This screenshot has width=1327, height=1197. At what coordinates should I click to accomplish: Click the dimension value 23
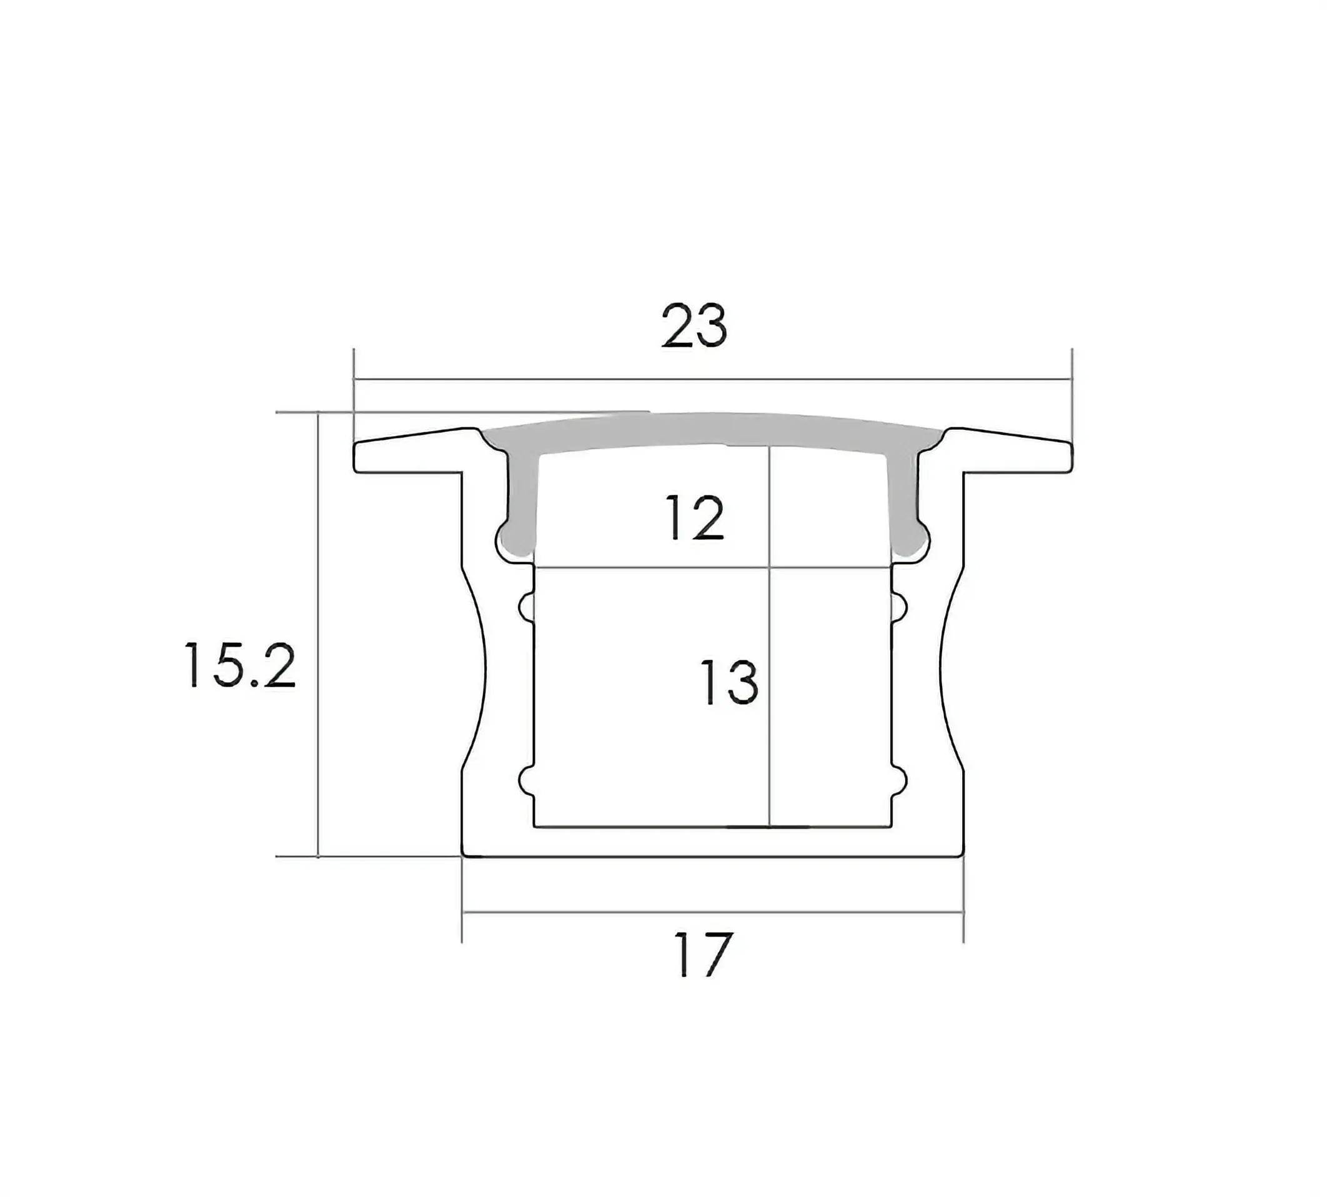click(x=693, y=325)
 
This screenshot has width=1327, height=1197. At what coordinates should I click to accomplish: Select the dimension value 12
click(x=695, y=518)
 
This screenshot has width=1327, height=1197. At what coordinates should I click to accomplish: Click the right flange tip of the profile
click(x=1071, y=458)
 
